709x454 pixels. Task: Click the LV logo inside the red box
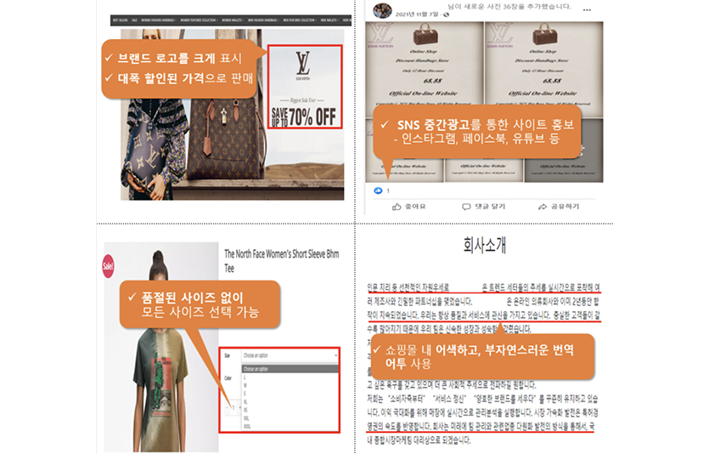pos(303,64)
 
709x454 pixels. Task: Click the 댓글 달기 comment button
pos(483,207)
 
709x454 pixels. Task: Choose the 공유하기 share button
pos(559,207)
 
